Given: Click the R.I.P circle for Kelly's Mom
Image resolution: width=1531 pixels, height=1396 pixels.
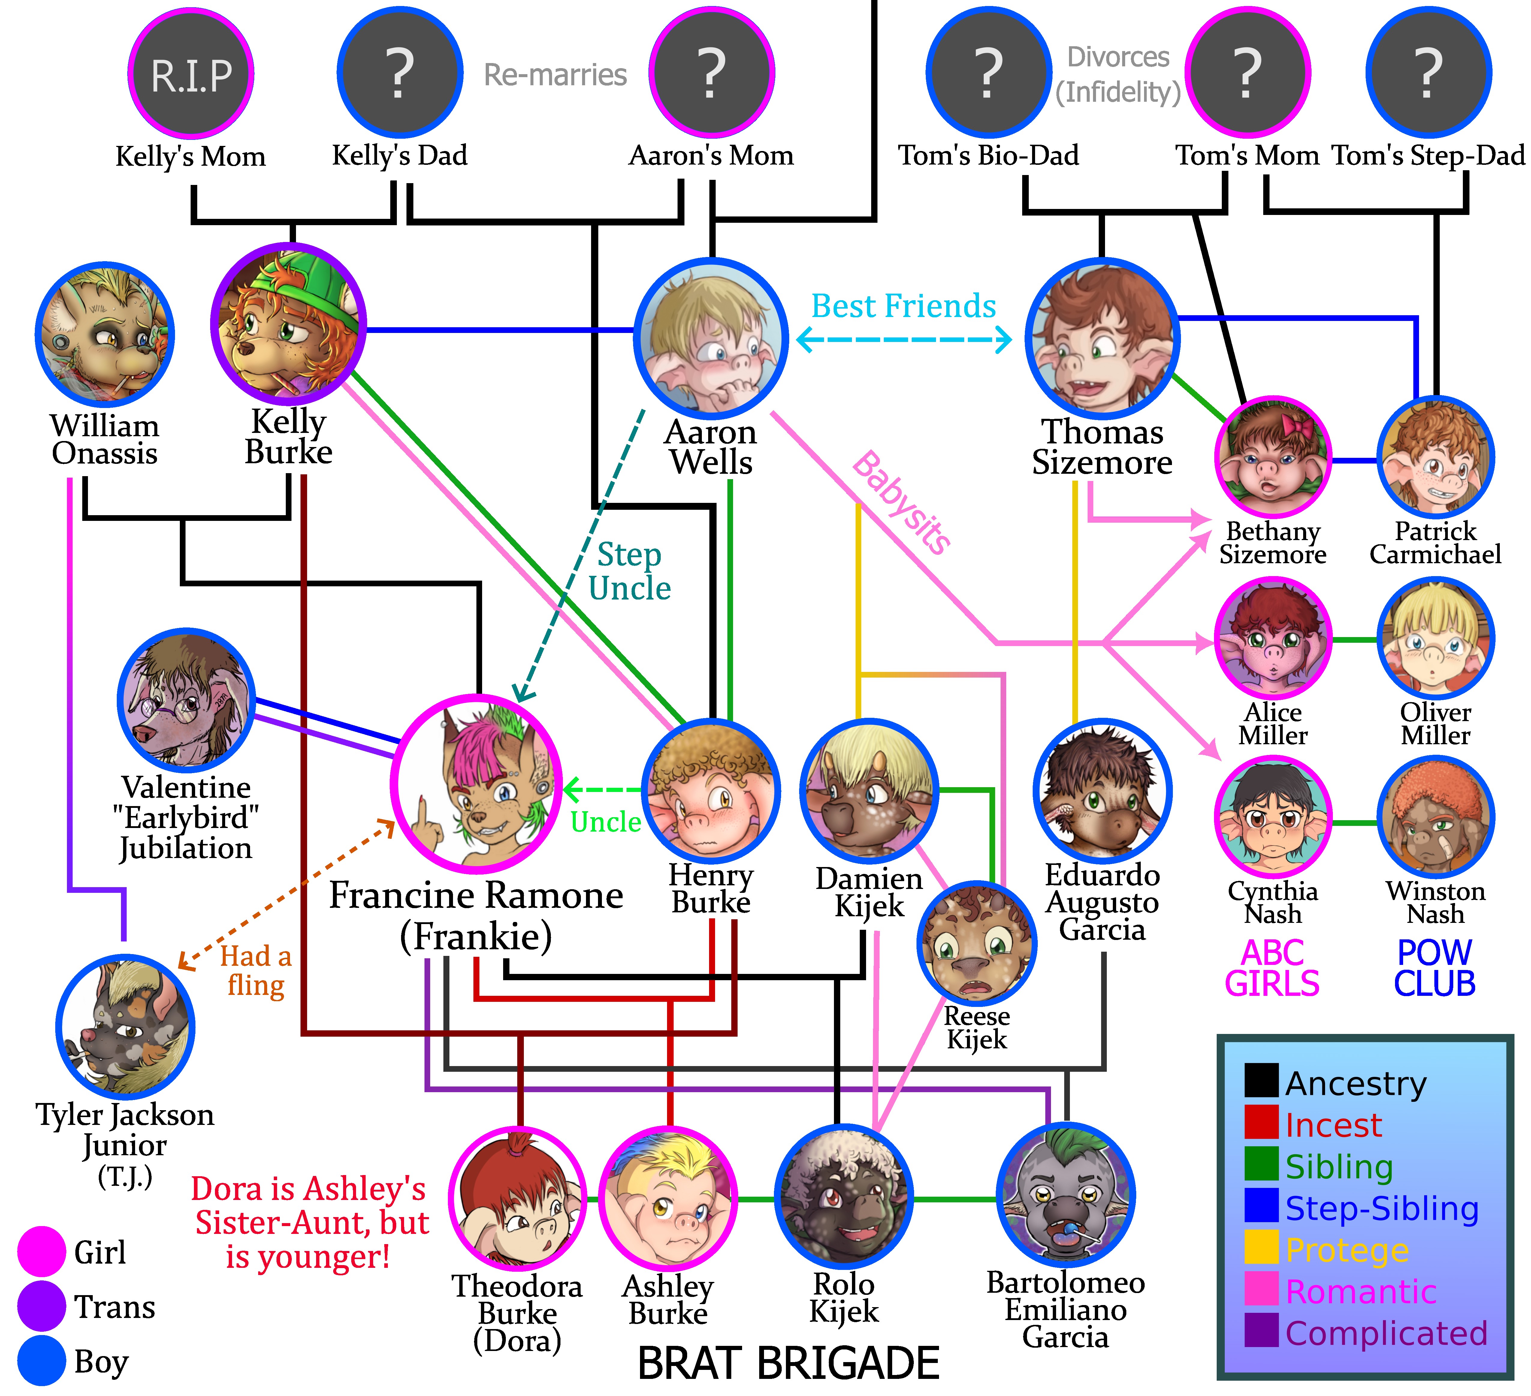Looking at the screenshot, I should pos(191,74).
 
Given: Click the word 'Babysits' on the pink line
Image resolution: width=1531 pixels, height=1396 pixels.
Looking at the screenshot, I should pos(901,503).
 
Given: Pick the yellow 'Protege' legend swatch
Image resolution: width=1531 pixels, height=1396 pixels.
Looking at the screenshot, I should pos(1261,1248).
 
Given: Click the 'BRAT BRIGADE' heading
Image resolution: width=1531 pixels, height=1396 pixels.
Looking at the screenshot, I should pos(788,1363).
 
